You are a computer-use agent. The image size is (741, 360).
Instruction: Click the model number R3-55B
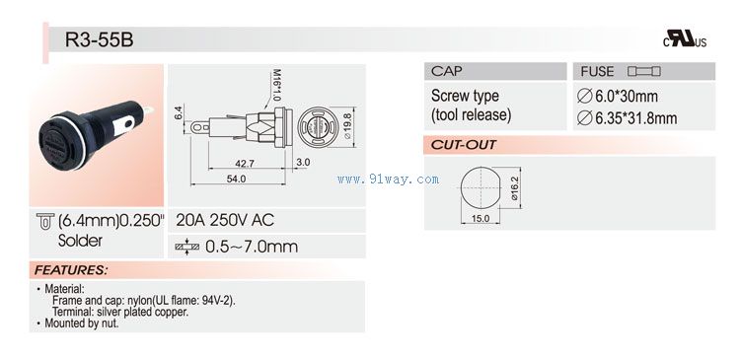tap(100, 39)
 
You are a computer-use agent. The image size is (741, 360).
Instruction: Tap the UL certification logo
tap(685, 38)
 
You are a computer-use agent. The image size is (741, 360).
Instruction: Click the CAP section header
tap(447, 71)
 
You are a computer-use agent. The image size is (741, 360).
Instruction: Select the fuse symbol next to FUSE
tap(643, 71)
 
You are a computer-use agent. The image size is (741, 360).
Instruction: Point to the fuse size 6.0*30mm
tap(618, 97)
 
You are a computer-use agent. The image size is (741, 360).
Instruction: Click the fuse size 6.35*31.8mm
tap(628, 118)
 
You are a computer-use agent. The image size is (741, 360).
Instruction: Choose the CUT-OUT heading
tap(463, 145)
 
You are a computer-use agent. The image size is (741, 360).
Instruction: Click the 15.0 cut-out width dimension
tap(481, 218)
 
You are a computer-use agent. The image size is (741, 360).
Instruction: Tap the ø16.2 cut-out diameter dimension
tap(515, 189)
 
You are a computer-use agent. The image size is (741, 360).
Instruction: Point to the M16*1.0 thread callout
tap(276, 85)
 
